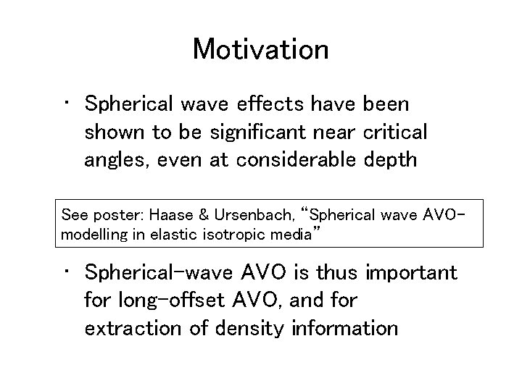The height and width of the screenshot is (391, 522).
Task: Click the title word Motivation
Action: (260, 49)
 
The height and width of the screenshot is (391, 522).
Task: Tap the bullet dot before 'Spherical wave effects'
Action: (65, 106)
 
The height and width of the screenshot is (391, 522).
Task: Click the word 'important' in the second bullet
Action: (412, 273)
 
